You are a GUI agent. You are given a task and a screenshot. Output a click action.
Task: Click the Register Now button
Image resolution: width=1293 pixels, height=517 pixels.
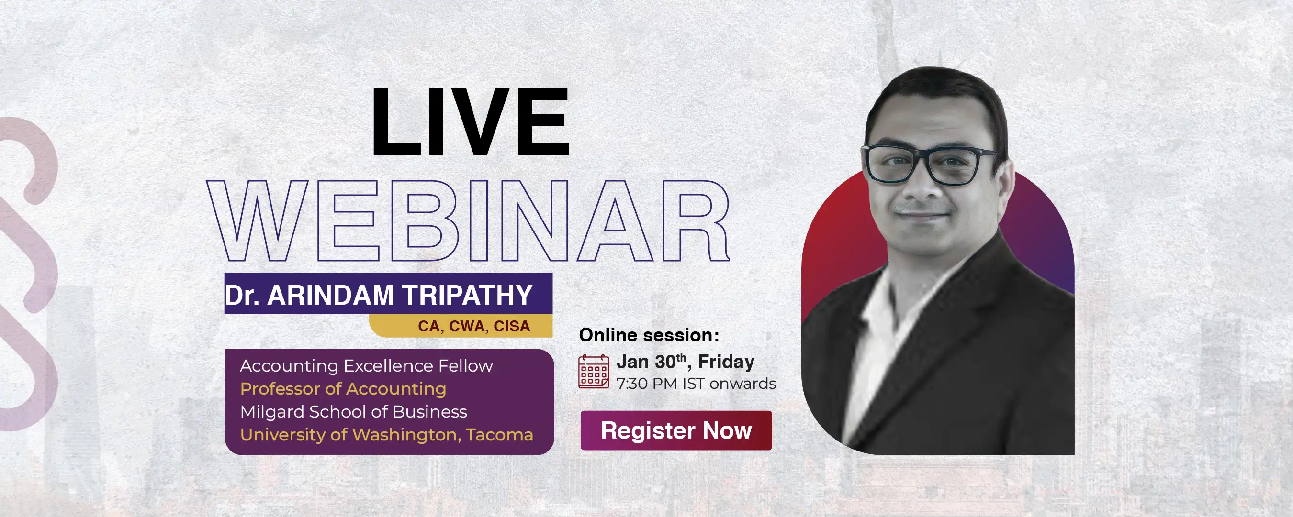click(x=675, y=430)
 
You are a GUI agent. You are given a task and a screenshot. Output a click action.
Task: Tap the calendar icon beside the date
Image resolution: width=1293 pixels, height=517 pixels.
click(x=593, y=372)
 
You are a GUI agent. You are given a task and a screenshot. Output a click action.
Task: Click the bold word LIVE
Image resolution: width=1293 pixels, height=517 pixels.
click(x=470, y=121)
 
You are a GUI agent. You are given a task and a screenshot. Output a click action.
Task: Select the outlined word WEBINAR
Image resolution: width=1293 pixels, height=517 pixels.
click(x=468, y=220)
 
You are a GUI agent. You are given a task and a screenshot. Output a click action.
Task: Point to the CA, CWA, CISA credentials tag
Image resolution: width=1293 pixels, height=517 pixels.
click(x=473, y=326)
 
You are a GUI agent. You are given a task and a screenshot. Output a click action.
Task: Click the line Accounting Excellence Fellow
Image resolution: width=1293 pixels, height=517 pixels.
click(x=366, y=365)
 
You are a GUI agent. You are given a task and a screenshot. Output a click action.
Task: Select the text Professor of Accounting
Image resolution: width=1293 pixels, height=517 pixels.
click(x=343, y=389)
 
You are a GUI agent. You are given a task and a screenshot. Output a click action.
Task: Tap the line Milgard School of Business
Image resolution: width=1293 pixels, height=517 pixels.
click(x=353, y=412)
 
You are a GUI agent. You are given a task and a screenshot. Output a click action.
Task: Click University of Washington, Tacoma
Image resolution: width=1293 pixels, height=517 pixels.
click(x=386, y=435)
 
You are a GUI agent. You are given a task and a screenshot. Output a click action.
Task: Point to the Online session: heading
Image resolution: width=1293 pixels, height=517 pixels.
click(x=649, y=335)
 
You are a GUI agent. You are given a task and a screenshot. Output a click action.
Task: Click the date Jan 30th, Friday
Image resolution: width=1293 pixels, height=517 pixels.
click(x=685, y=362)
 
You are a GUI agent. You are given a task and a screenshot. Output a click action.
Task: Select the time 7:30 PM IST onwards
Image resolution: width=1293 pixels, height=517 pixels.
click(x=696, y=384)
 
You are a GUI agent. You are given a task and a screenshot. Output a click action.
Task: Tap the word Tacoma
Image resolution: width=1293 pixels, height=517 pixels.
click(x=499, y=435)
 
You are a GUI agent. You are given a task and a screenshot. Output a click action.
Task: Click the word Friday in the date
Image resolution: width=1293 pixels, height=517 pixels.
click(x=726, y=362)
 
